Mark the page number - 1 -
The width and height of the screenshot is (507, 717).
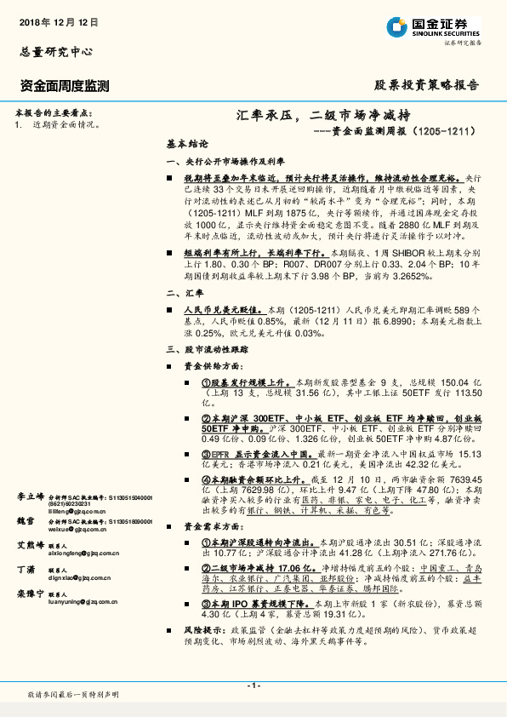[x=253, y=686]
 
